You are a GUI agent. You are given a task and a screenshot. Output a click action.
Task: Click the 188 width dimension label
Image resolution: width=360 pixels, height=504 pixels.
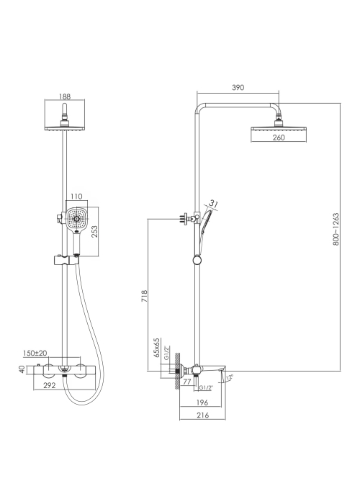coord(65,96)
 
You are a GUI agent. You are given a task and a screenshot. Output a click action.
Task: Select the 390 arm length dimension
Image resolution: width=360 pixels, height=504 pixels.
coord(238,87)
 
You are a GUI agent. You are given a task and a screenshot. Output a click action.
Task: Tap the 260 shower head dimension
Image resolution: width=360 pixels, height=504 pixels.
coord(279,138)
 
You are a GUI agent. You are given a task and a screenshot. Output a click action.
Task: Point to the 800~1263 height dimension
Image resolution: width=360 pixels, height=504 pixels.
coord(336,229)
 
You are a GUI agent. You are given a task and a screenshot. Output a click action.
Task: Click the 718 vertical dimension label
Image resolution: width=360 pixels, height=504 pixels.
coord(144,296)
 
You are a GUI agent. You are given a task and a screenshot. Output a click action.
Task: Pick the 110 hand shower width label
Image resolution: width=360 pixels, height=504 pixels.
coord(76,196)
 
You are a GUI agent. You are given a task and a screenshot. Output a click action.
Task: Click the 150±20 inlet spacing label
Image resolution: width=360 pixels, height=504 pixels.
coord(35,353)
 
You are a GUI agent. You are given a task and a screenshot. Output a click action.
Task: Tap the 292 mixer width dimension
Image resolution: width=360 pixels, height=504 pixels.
coord(50,385)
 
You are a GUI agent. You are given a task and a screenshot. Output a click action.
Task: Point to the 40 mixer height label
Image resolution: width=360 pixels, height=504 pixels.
coord(22,369)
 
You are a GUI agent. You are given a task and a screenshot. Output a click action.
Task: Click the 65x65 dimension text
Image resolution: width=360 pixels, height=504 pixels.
coord(156,347)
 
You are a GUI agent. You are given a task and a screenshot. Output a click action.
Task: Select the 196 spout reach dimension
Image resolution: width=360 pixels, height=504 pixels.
coord(202,402)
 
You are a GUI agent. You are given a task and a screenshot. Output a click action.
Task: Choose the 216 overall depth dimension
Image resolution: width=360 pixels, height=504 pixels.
coord(202,415)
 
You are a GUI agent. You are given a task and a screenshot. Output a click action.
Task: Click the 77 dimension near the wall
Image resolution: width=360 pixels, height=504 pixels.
coord(187,381)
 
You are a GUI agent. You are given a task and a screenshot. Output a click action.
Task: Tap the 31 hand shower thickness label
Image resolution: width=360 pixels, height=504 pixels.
coord(213,204)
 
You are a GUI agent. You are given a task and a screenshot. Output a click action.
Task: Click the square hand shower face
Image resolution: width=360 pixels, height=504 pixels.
coord(77,219)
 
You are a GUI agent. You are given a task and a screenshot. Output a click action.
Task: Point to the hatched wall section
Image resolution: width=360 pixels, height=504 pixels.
coord(177,371)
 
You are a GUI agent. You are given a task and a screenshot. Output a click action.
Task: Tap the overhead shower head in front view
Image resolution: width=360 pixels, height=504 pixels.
coord(65,127)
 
